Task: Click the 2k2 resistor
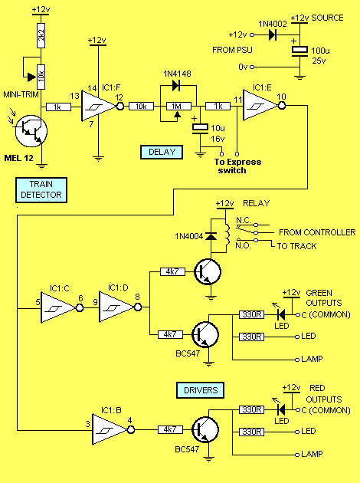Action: [x=41, y=35]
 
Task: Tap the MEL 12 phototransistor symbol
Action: [x=31, y=131]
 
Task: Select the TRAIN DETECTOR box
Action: [x=41, y=190]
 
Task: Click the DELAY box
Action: [x=162, y=152]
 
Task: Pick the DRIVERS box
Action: [x=201, y=390]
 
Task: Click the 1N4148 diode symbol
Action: [x=176, y=85]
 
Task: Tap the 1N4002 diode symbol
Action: [x=272, y=34]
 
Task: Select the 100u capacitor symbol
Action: [x=299, y=51]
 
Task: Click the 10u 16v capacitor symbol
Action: [x=200, y=129]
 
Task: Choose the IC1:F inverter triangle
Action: [x=99, y=107]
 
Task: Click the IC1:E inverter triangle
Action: [x=260, y=106]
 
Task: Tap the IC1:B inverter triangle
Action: [x=110, y=429]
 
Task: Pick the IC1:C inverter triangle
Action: [x=58, y=307]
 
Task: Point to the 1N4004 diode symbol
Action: [x=211, y=237]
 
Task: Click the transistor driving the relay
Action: [x=208, y=272]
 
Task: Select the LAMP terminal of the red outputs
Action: [x=297, y=455]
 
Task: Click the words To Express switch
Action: [x=237, y=166]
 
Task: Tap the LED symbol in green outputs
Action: [x=281, y=315]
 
